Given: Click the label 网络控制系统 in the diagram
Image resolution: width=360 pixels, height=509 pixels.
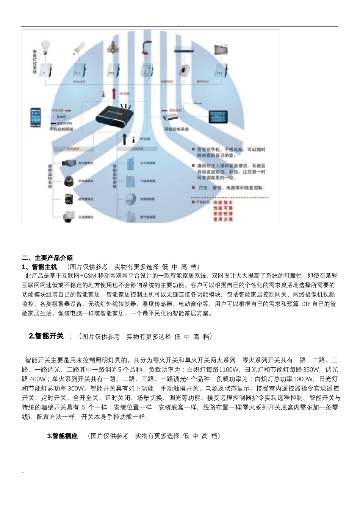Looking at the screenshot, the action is (x=176, y=129).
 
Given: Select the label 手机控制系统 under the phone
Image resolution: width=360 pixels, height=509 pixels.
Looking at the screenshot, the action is (x=61, y=129).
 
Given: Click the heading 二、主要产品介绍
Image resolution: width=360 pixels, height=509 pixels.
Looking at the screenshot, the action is (x=47, y=258).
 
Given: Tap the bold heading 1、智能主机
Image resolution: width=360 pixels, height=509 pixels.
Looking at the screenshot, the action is (x=40, y=267).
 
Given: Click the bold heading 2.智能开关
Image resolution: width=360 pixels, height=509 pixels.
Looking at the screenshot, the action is (x=46, y=336).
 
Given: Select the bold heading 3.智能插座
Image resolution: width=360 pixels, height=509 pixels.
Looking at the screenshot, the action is (x=63, y=436).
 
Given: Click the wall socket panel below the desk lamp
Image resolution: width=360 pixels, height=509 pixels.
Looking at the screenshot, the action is (x=146, y=70).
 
